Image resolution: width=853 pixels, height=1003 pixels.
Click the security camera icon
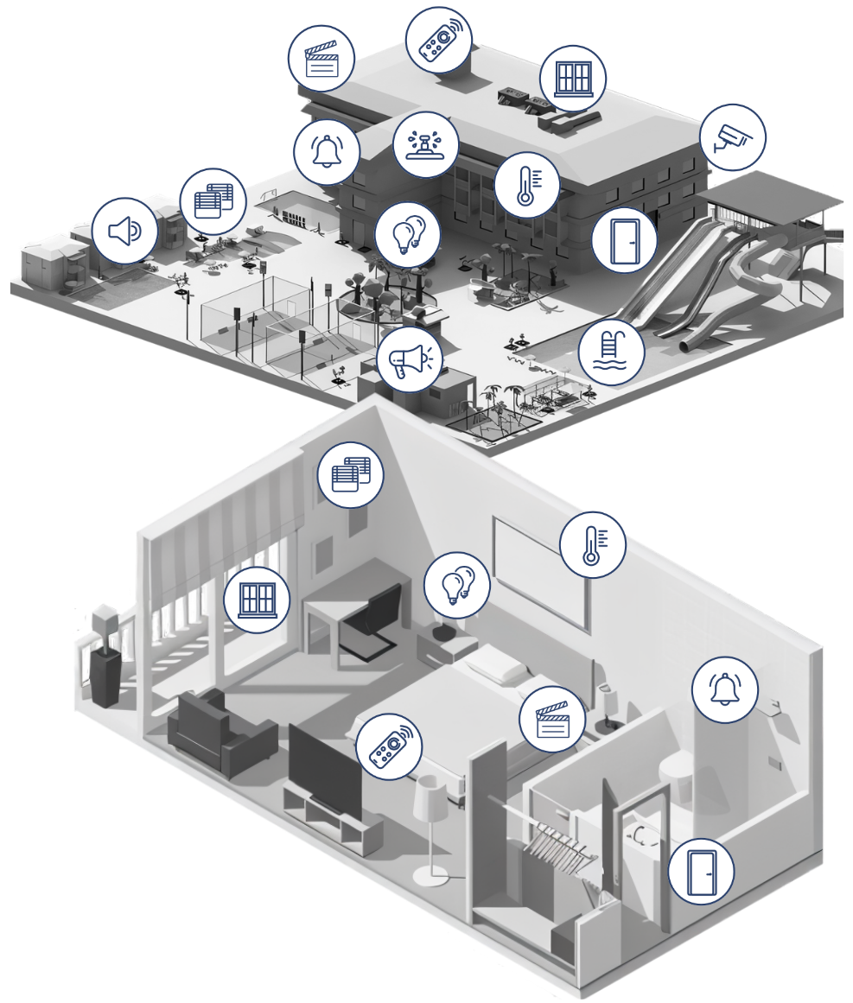[732, 138]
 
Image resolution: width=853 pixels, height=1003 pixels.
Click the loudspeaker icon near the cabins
[124, 231]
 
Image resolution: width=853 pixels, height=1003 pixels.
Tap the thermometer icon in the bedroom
[592, 545]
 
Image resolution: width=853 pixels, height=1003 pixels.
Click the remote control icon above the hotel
[439, 40]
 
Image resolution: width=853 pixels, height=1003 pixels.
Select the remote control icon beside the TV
[390, 747]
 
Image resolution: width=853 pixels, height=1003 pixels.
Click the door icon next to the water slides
[624, 240]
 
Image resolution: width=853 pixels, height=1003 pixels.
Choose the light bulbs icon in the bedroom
[457, 585]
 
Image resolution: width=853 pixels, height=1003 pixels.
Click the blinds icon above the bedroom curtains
[351, 474]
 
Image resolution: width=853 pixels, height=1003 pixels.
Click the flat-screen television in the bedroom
[324, 768]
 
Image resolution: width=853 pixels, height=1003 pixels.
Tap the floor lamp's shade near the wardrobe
[429, 800]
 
